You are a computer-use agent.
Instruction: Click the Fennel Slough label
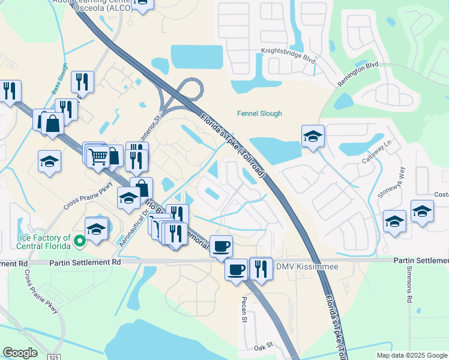pos(259,113)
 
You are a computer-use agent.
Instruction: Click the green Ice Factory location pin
pos(79,242)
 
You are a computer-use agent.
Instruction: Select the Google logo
pos(20,353)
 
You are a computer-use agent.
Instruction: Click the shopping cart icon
pos(98,157)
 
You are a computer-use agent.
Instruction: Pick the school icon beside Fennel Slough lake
pos(313,137)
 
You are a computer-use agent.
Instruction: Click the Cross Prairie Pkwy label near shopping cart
pos(88,196)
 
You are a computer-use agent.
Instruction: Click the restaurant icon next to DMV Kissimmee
pos(261,269)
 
